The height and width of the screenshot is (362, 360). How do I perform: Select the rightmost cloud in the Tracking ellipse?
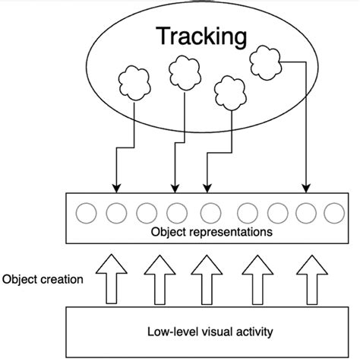coord(263,60)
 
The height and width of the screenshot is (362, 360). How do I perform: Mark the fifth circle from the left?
coord(207,211)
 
